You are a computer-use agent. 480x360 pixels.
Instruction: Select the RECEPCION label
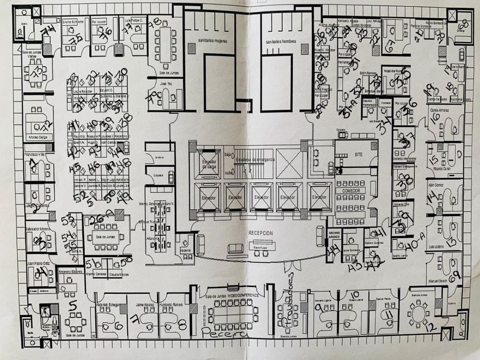tap(262, 233)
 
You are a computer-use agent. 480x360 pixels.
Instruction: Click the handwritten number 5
tap(72, 306)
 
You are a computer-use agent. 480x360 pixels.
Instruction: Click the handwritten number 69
tap(455, 276)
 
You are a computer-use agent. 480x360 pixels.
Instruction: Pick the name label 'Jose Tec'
tap(166, 83)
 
